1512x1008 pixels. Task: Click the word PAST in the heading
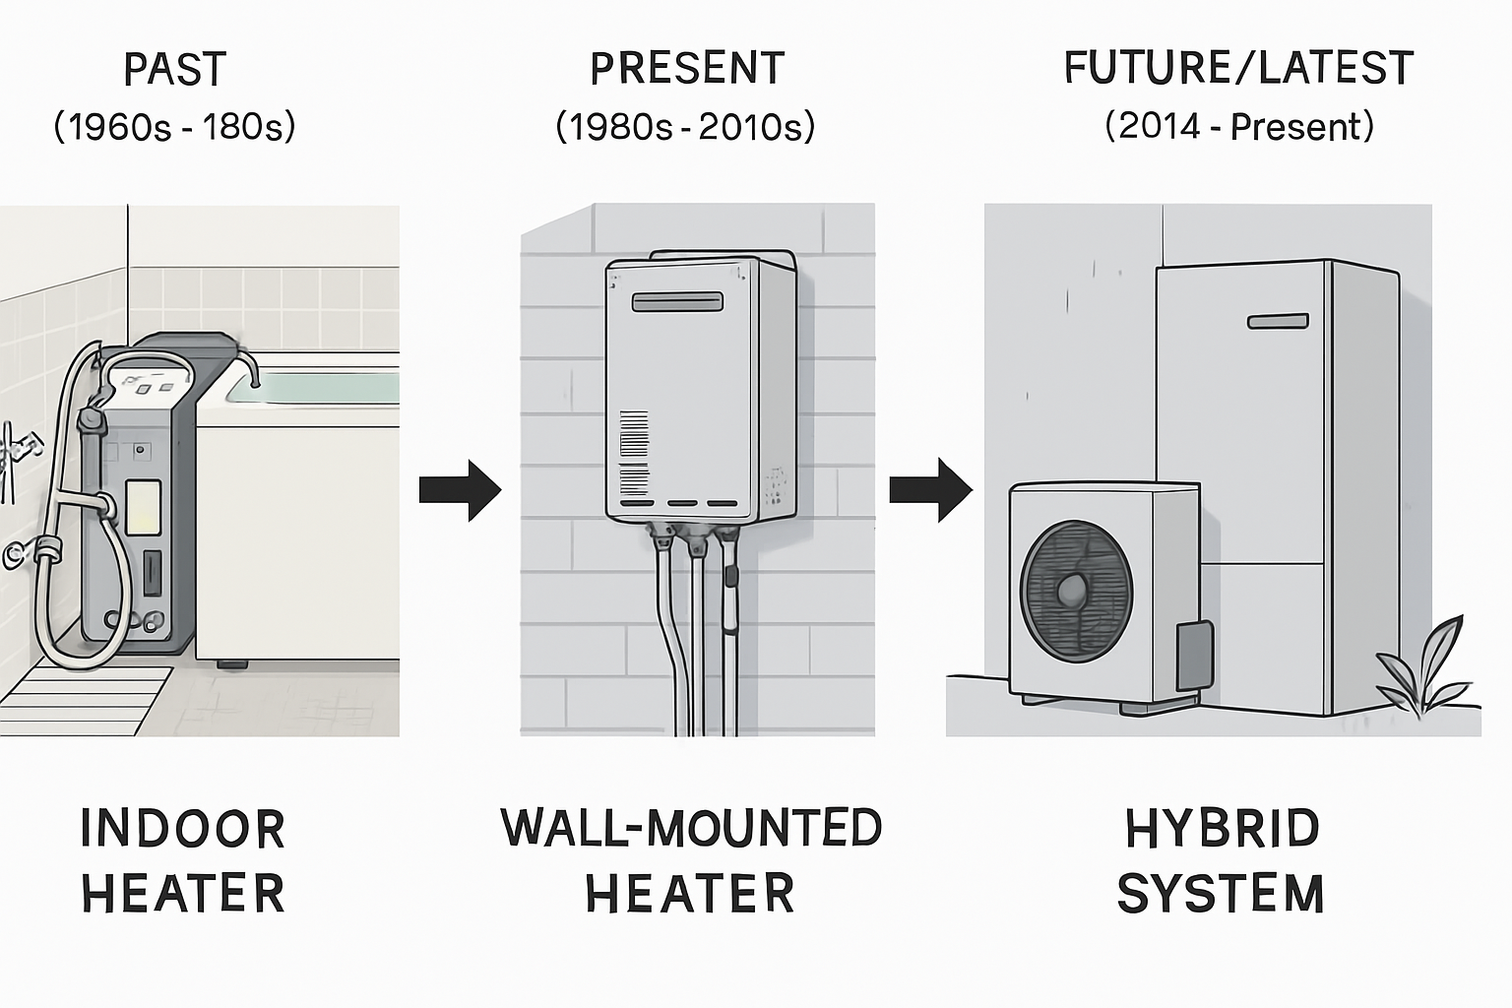tap(175, 70)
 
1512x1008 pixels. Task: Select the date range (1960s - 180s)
tap(174, 127)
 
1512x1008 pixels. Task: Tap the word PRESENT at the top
tap(687, 69)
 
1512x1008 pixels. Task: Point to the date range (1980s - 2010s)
tap(685, 127)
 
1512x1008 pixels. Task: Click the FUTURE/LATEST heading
tap(1238, 69)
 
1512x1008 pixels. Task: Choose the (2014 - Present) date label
tap(1238, 127)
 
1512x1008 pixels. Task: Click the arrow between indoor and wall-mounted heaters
tap(460, 489)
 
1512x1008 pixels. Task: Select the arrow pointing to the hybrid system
tap(930, 489)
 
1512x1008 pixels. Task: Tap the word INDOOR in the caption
tap(183, 829)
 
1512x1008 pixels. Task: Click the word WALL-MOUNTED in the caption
tap(691, 828)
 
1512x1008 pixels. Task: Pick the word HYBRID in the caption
tap(1222, 829)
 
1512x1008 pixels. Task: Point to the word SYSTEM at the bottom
tap(1221, 894)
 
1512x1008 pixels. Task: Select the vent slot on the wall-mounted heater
tap(677, 301)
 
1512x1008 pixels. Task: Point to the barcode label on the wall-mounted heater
tap(634, 454)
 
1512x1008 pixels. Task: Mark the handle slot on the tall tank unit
tap(1278, 322)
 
